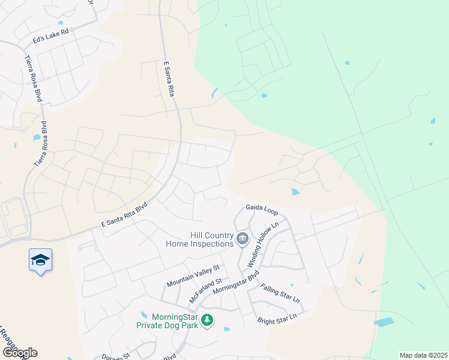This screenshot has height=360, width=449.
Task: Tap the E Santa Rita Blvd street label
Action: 124,216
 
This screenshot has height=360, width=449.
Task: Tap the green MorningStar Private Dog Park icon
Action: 207,320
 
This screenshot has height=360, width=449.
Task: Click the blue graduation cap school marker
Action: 40,260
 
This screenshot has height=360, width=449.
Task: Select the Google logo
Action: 19,353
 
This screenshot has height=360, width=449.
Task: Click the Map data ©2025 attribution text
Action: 423,355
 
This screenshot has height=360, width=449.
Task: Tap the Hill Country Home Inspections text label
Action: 203,239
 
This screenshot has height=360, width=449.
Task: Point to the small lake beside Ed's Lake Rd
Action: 61,23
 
